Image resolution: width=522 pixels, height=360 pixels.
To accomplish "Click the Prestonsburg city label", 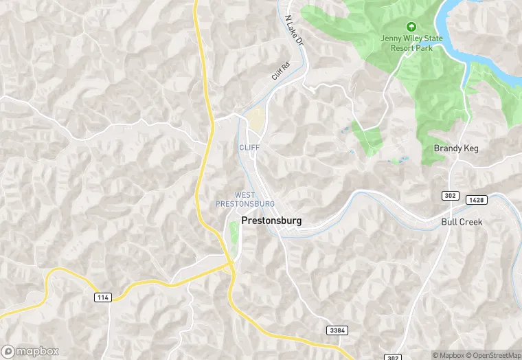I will [271, 221].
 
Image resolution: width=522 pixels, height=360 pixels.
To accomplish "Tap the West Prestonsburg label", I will [245, 200].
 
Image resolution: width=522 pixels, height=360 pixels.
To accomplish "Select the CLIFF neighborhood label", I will [249, 148].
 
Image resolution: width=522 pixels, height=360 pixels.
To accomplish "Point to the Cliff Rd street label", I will [280, 71].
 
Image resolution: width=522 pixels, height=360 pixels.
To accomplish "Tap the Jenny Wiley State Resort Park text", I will [412, 43].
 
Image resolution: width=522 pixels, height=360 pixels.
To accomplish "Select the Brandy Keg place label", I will [456, 148].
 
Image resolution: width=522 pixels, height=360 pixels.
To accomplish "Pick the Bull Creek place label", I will [462, 222].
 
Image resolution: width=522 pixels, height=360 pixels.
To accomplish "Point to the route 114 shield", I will [102, 296].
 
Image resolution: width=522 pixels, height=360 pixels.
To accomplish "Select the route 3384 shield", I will [337, 330].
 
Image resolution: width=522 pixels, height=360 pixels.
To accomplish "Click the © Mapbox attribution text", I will [447, 355].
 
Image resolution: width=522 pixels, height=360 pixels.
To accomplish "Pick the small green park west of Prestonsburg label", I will [234, 232].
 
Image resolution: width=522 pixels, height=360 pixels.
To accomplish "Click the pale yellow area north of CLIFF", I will [257, 120].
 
